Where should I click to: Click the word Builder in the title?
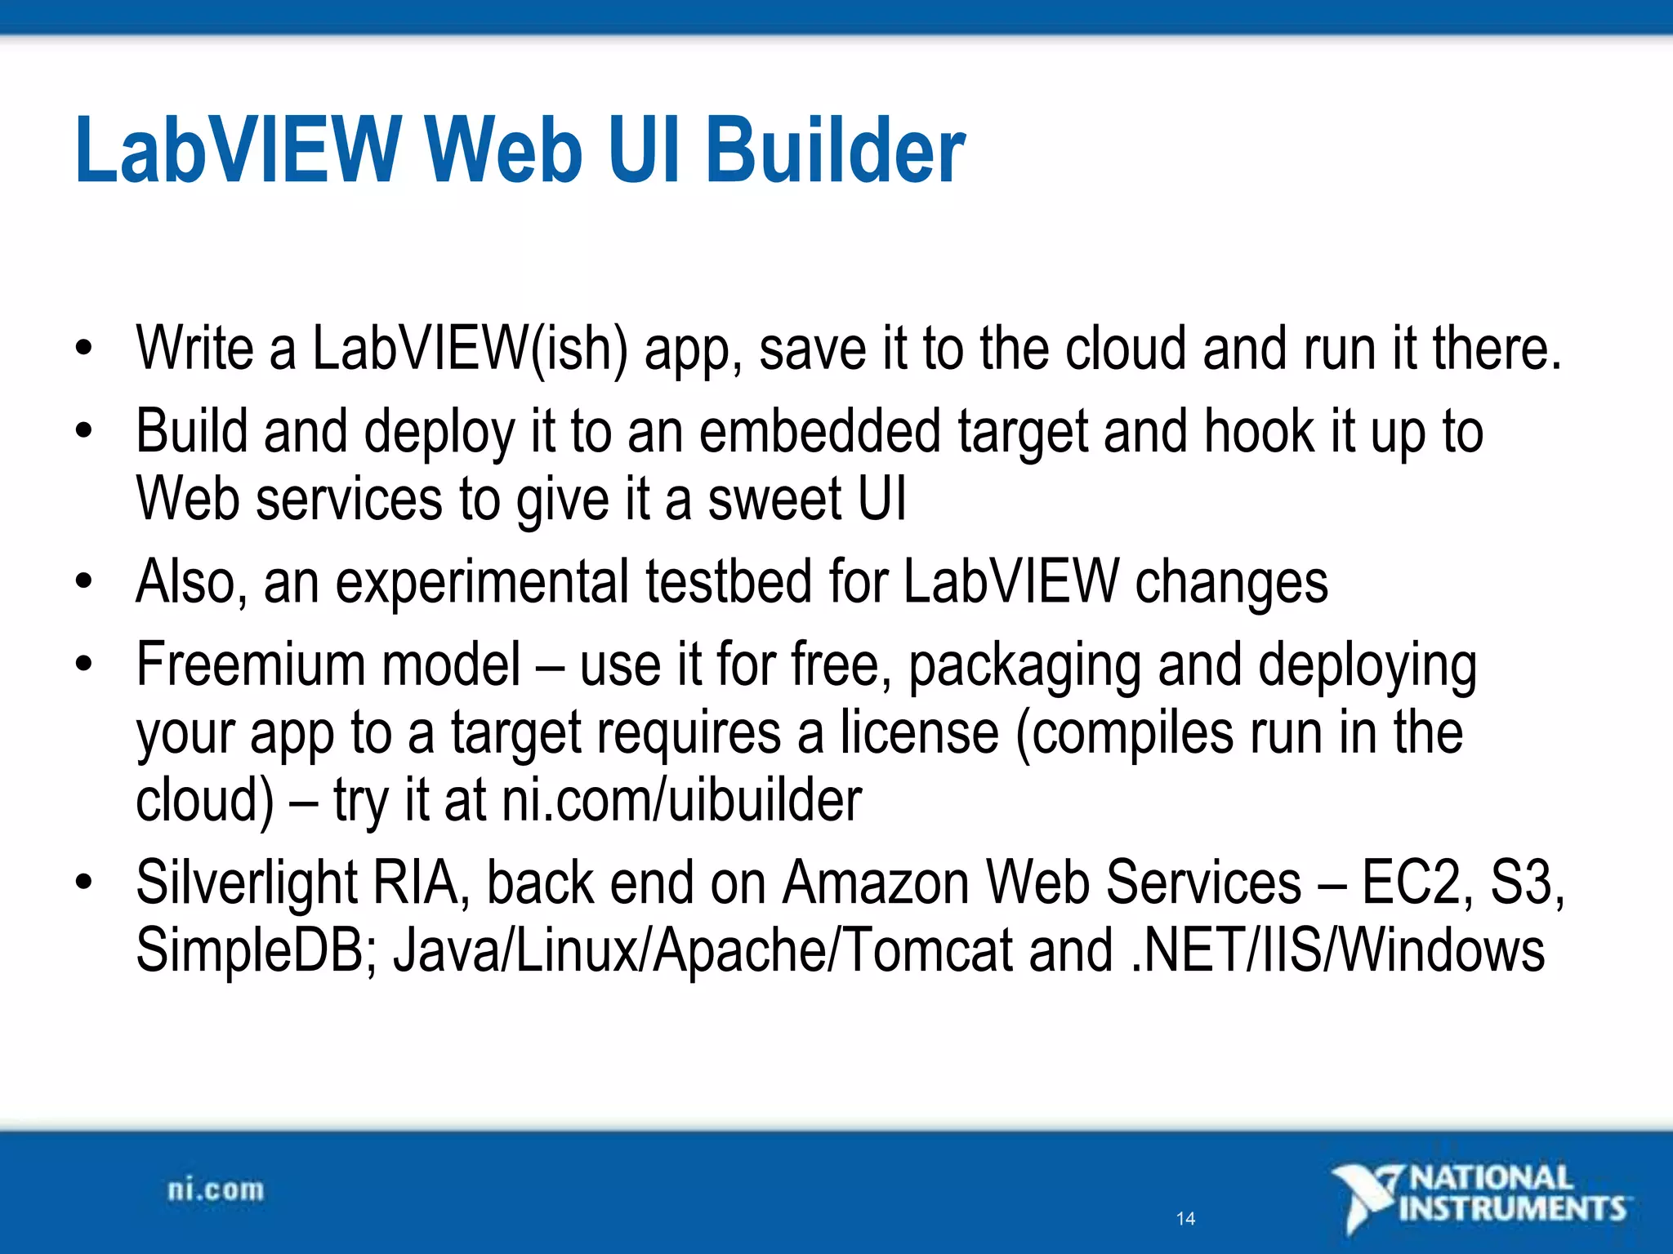(x=835, y=151)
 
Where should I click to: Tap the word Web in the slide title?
(x=504, y=151)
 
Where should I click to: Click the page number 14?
(x=1185, y=1219)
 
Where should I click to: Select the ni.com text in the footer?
(x=216, y=1190)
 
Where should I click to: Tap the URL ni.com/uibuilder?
(x=681, y=800)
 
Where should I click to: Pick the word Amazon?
(x=876, y=883)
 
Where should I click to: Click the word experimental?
(x=482, y=583)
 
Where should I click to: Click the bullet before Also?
(x=83, y=581)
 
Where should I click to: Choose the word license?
(x=920, y=732)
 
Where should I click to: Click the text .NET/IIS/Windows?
(x=1338, y=950)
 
